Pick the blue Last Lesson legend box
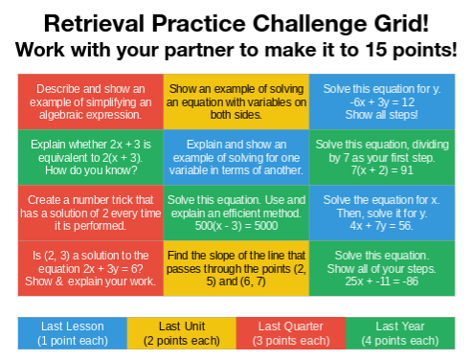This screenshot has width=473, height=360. [x=74, y=332]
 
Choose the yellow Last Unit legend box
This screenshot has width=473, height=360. [x=182, y=332]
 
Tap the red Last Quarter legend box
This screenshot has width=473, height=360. [x=290, y=332]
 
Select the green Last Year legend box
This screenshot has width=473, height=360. [x=399, y=332]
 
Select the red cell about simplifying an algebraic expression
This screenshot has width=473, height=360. [x=91, y=101]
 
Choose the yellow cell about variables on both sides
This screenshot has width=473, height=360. [x=236, y=101]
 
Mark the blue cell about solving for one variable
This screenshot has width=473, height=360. [x=236, y=157]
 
